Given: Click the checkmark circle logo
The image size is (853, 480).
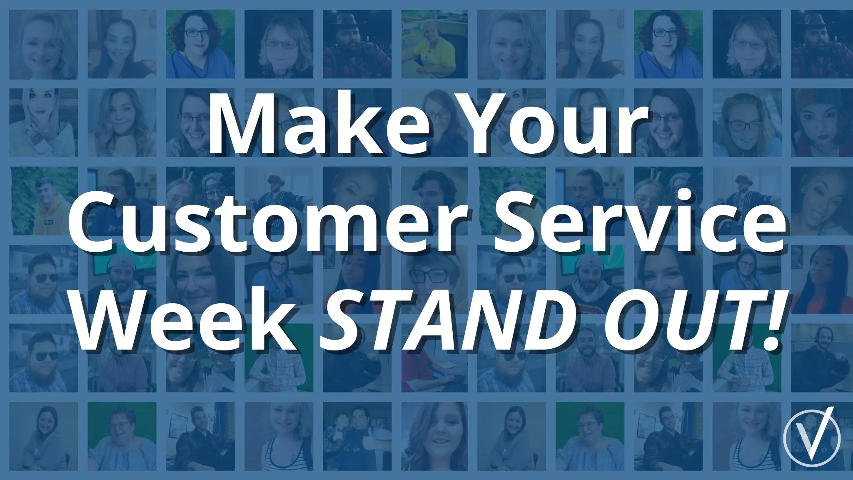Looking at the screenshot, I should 812,438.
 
